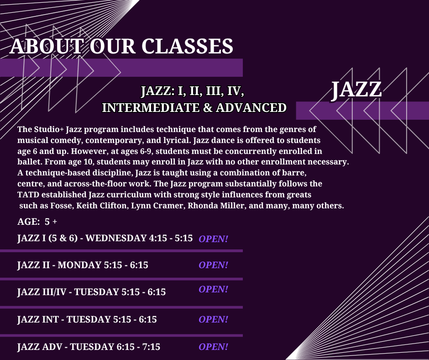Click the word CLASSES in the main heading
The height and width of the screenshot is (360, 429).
187,46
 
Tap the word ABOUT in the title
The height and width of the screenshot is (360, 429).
46,46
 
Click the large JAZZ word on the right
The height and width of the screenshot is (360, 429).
356,90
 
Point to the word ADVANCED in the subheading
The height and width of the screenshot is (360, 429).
251,108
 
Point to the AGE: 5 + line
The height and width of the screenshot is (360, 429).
37,222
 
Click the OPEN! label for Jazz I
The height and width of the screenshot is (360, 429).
213,239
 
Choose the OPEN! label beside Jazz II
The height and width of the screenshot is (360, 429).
213,265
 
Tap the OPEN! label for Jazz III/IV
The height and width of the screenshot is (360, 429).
213,289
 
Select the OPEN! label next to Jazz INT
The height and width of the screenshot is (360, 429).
213,319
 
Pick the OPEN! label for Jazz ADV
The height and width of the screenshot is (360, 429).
213,347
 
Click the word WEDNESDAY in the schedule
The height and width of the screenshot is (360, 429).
116,238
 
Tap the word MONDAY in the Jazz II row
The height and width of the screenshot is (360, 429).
79,265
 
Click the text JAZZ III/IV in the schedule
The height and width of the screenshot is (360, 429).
42,292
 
